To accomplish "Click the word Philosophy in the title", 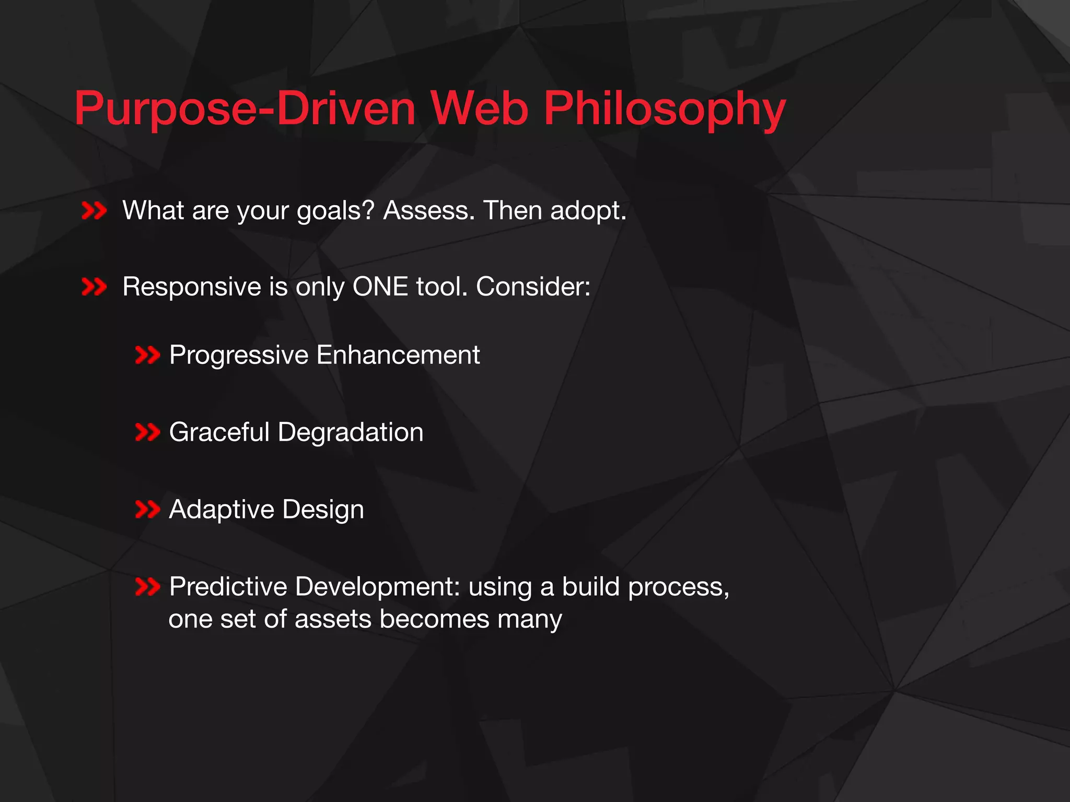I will [x=664, y=110].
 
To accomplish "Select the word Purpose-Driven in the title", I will [x=245, y=110].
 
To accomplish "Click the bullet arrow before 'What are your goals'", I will [x=94, y=211].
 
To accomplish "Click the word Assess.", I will [x=429, y=210].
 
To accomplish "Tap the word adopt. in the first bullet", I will [x=588, y=211].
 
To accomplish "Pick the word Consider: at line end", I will [x=533, y=287].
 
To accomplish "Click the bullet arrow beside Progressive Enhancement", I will [x=147, y=356].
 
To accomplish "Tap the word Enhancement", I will [x=398, y=355].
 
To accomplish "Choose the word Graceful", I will [x=219, y=432].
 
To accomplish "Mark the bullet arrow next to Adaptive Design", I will [x=147, y=509].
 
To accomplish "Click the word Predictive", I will [x=228, y=586].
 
